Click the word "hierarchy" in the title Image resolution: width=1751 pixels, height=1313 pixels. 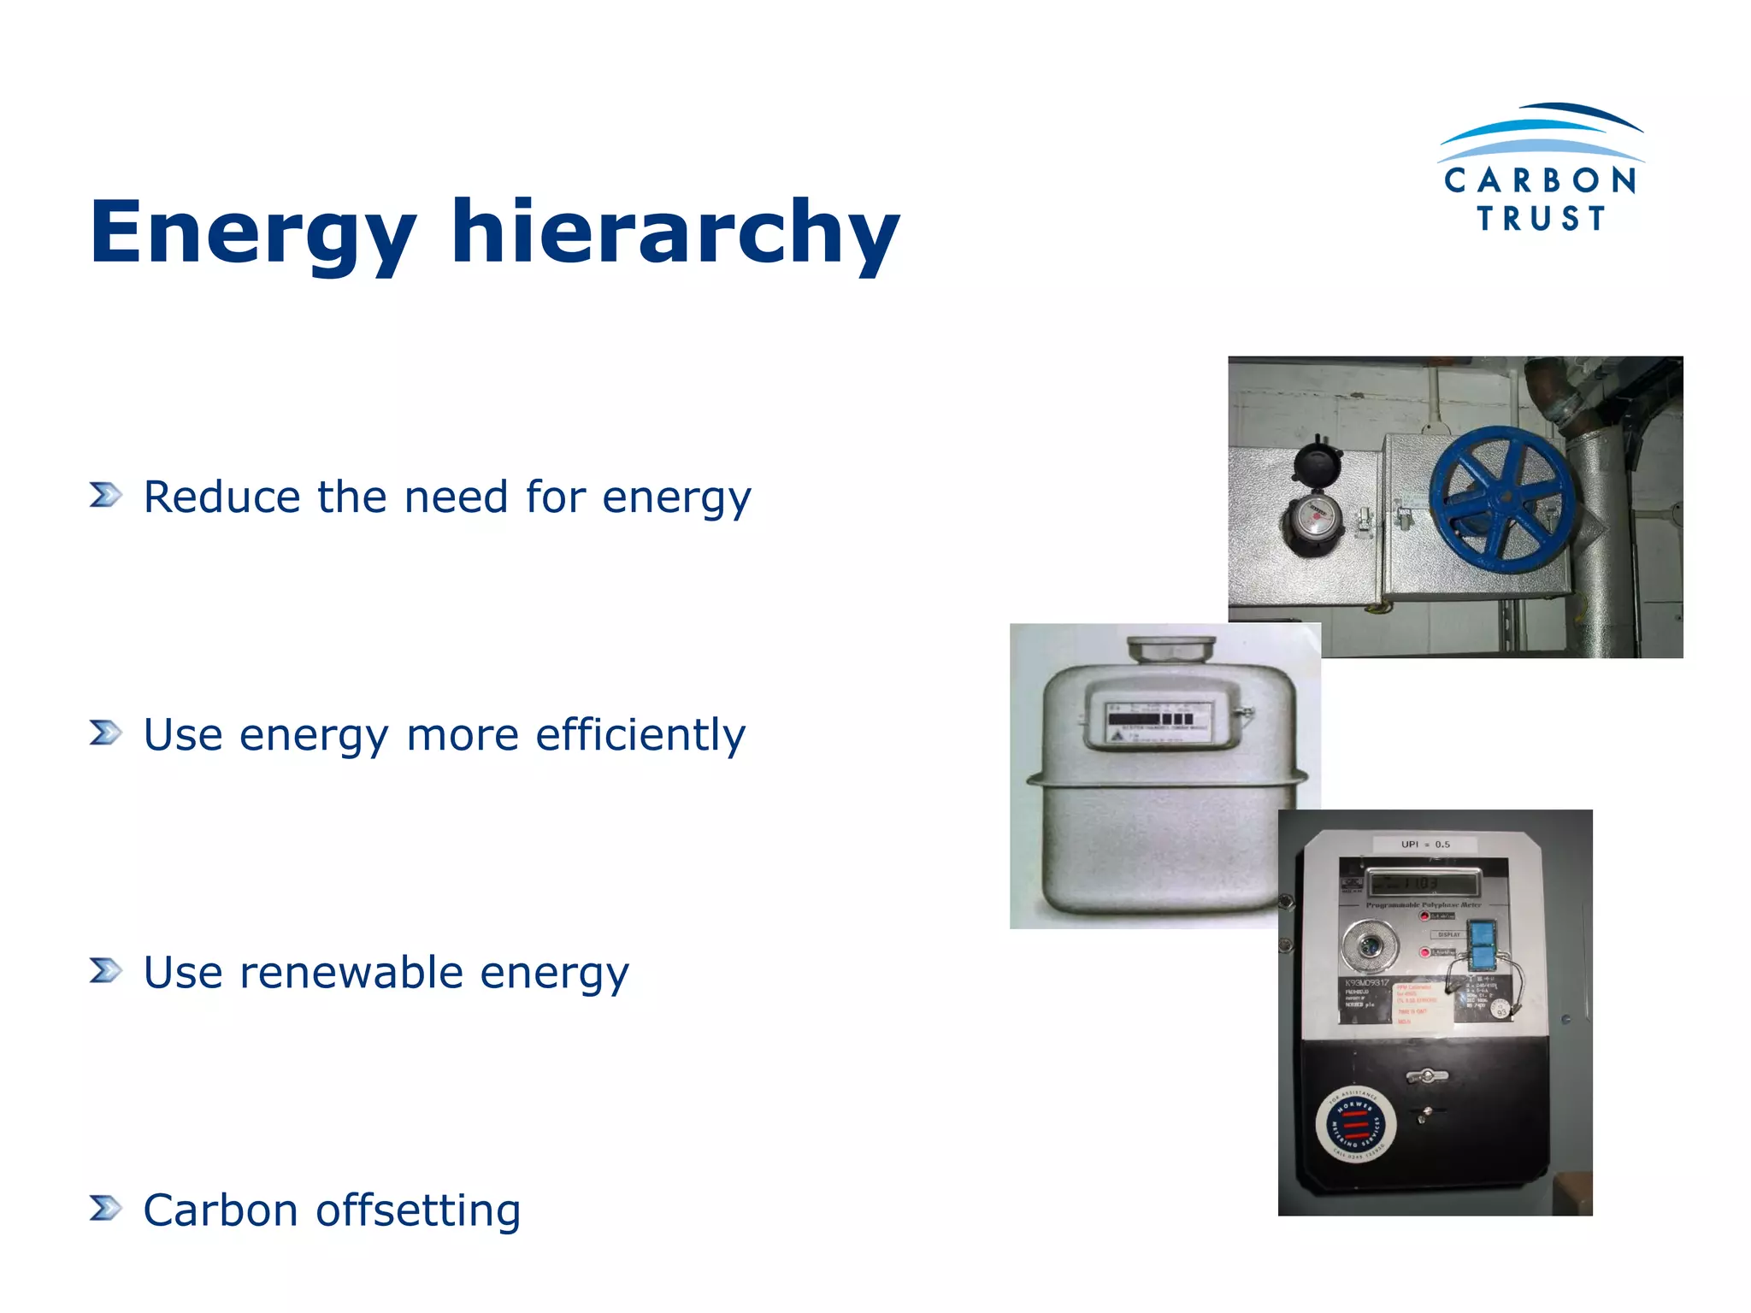tap(675, 233)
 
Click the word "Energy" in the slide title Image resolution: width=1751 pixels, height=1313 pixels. tap(252, 233)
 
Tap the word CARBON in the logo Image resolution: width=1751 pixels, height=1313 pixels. tap(1540, 180)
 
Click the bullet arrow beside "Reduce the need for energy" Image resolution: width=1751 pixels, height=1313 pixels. tap(105, 495)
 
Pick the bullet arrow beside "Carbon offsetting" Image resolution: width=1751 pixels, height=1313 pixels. tap(105, 1208)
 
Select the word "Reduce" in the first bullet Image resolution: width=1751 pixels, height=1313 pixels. tap(221, 498)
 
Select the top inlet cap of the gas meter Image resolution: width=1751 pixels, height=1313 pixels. tap(1171, 647)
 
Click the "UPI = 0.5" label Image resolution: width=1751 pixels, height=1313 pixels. tap(1425, 845)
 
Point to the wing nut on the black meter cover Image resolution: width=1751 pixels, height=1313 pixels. tap(1428, 1076)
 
